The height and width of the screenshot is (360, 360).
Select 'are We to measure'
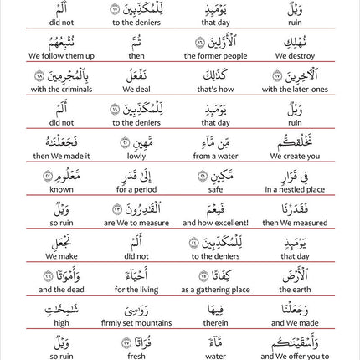tap(136, 224)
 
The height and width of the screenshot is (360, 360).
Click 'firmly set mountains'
tap(136, 323)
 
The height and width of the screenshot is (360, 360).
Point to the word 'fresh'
tap(136, 356)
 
